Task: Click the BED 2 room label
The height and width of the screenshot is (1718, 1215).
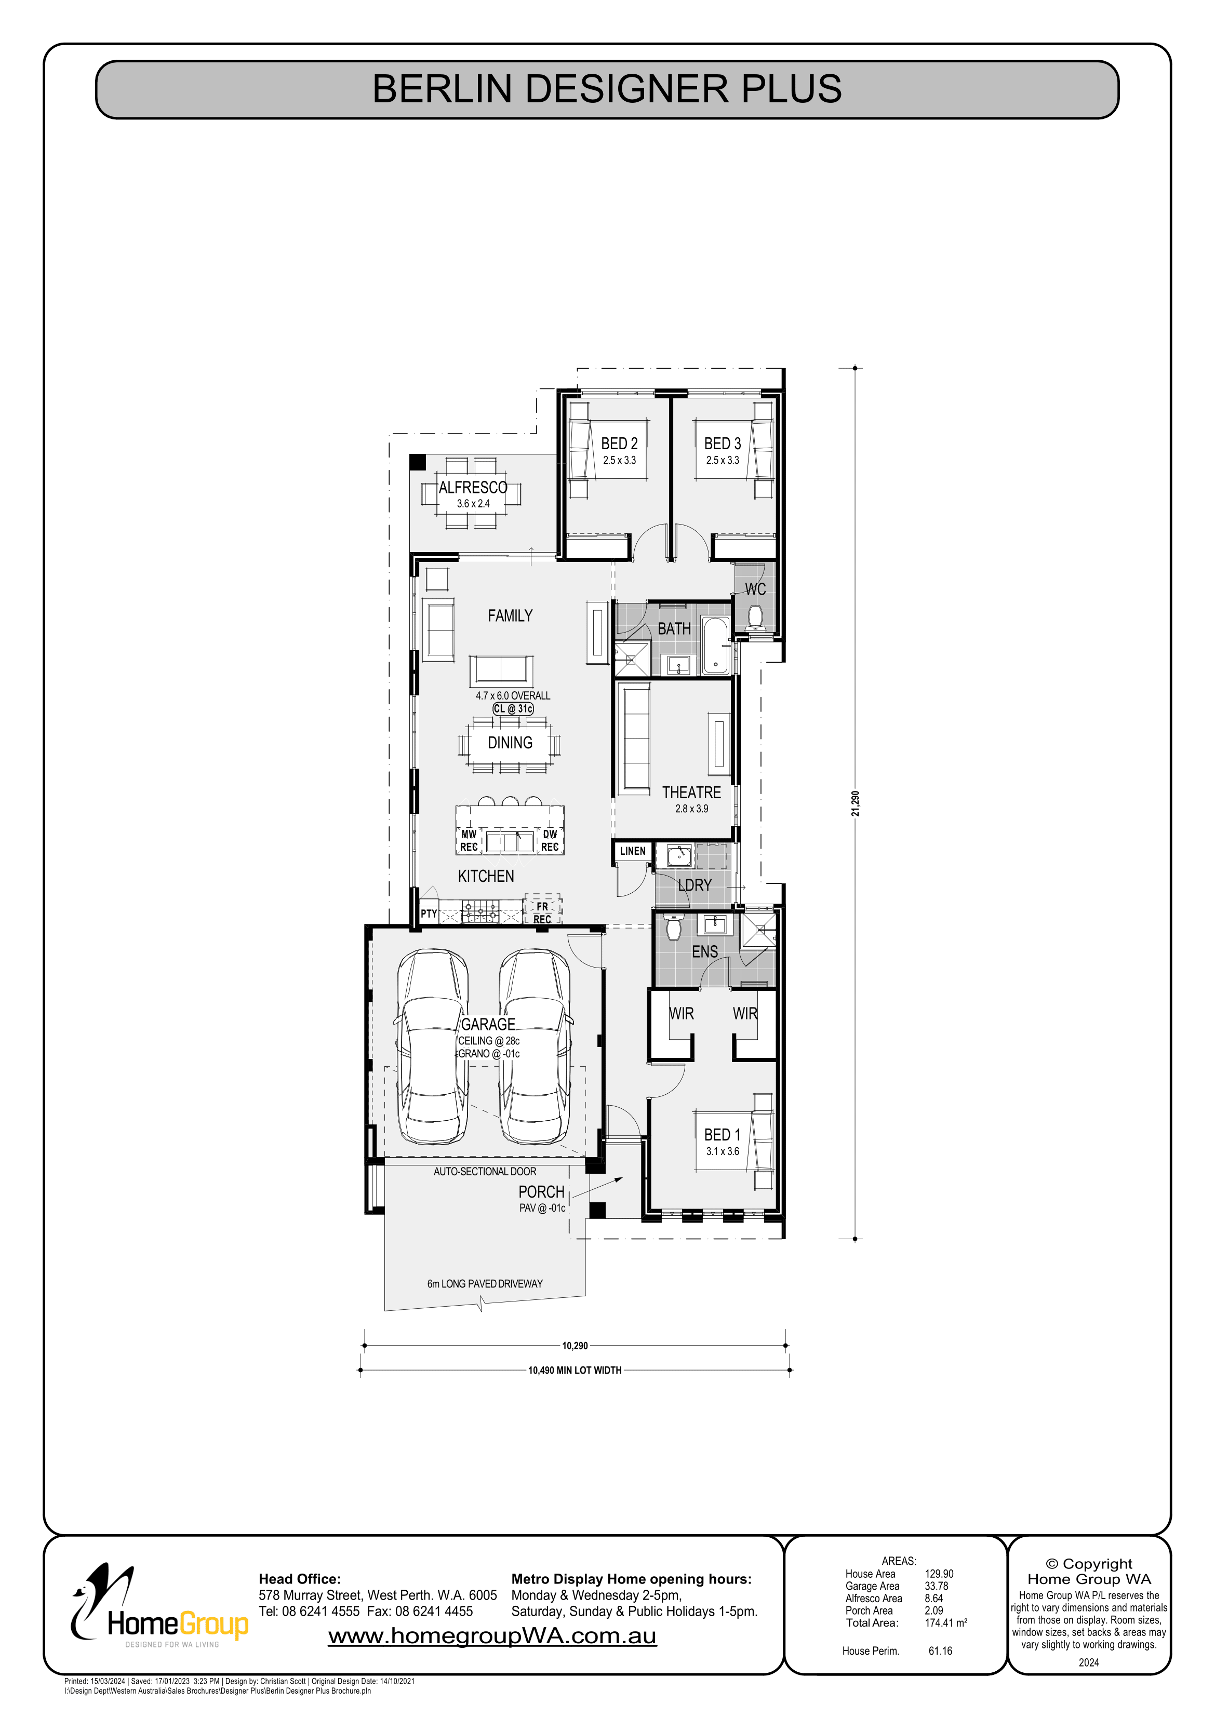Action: pyautogui.click(x=619, y=444)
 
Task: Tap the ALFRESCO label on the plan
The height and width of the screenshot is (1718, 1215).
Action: pyautogui.click(x=473, y=487)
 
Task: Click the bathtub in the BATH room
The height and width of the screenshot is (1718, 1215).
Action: pyautogui.click(x=715, y=644)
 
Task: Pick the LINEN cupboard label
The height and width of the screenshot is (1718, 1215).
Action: pyautogui.click(x=633, y=851)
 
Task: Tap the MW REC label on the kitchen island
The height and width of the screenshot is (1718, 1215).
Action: pyautogui.click(x=469, y=840)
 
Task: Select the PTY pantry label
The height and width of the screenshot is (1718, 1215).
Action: pyautogui.click(x=428, y=914)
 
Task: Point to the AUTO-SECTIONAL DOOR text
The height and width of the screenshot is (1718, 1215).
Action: pyautogui.click(x=485, y=1172)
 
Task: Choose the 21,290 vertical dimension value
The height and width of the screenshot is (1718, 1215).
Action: pyautogui.click(x=856, y=803)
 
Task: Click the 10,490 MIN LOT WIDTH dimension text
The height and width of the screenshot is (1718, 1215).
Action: pyautogui.click(x=575, y=1370)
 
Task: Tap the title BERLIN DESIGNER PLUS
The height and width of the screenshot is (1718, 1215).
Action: pyautogui.click(x=607, y=89)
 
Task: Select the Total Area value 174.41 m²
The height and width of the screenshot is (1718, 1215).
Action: pyautogui.click(x=945, y=1622)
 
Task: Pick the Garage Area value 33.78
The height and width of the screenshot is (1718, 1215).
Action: pyautogui.click(x=937, y=1586)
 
